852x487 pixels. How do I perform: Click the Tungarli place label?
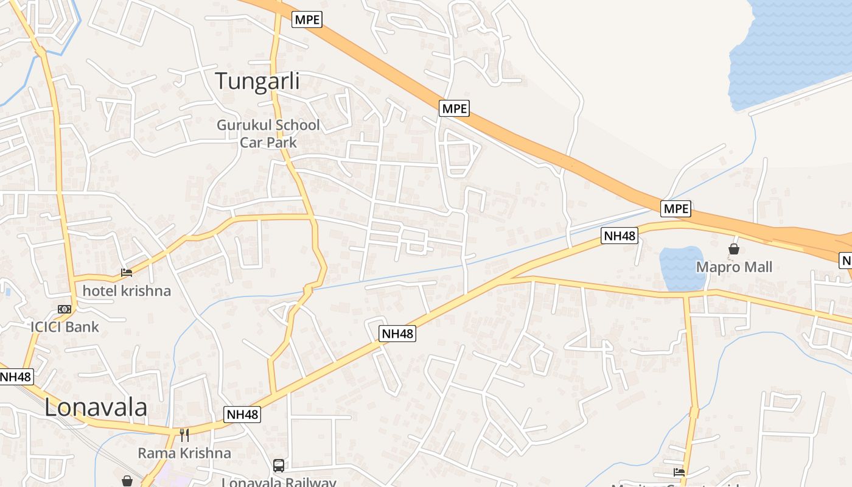point(257,81)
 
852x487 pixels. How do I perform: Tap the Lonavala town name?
point(96,407)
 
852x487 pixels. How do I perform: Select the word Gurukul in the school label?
point(244,125)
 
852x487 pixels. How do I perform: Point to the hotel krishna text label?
point(127,291)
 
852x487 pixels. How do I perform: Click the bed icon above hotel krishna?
point(127,273)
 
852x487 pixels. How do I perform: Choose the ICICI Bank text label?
point(65,327)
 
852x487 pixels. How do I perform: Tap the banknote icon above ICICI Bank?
point(65,309)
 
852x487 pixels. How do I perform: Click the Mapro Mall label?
point(734,267)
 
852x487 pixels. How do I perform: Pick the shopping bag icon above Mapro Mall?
point(734,249)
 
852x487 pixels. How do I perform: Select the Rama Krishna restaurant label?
point(184,453)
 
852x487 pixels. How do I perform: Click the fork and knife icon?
point(184,435)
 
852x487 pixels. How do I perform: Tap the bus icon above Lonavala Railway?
point(279,466)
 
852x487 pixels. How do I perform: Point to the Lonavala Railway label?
point(279,482)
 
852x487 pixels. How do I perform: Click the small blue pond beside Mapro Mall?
point(682,268)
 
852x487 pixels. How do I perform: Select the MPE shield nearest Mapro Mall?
point(676,209)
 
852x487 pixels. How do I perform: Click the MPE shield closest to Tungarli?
point(307,19)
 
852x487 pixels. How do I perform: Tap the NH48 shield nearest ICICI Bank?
point(15,376)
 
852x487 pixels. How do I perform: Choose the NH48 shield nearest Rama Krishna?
point(242,415)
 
